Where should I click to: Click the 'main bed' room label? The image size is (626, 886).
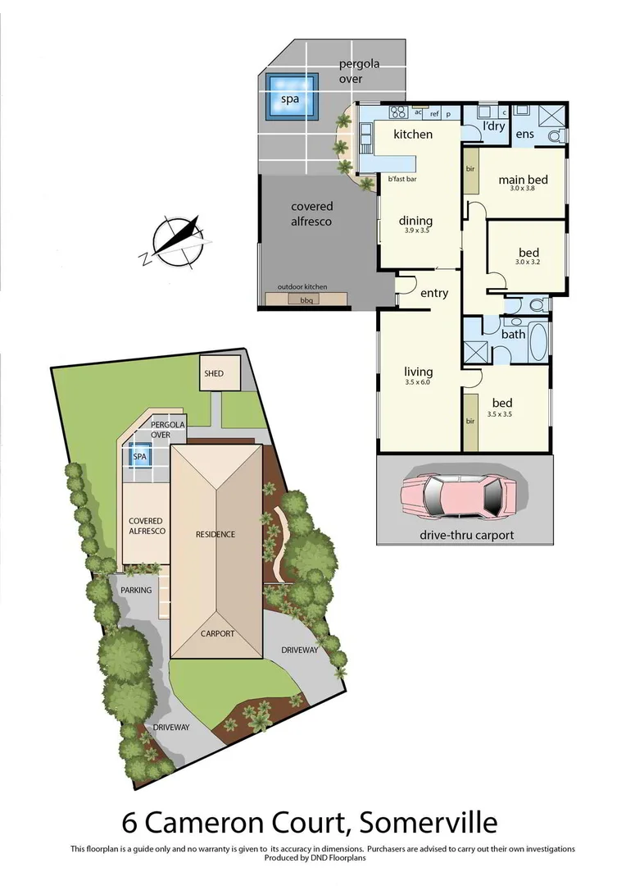tap(523, 180)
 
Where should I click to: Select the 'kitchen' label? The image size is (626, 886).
tap(413, 134)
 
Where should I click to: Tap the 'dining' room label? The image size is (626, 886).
tap(415, 221)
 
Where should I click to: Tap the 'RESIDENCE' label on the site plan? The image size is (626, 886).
tap(215, 534)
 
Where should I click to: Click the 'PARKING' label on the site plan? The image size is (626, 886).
tap(136, 590)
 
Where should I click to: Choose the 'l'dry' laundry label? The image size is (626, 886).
tap(493, 126)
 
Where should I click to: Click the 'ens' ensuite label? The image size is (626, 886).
tap(524, 134)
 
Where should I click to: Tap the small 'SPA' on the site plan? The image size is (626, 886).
tap(140, 455)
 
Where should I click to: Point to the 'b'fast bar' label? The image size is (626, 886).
tap(401, 178)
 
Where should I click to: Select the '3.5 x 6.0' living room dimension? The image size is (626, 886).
tap(417, 382)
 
